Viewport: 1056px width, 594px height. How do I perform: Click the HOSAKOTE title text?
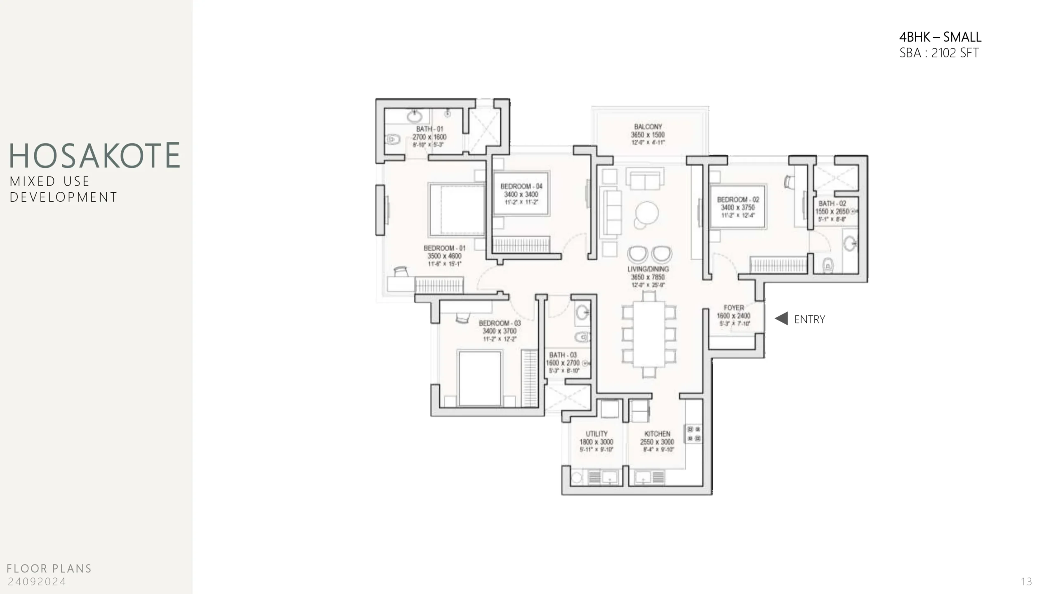pos(94,156)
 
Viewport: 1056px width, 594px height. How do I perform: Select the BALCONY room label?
pos(648,127)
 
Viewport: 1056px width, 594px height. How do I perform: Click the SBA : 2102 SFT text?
pos(939,53)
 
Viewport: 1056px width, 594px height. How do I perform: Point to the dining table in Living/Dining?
pos(649,334)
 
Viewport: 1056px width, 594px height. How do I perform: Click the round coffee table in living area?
pos(646,213)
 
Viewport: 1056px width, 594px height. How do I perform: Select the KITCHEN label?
pos(657,434)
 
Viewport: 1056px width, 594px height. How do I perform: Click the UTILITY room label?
pos(596,434)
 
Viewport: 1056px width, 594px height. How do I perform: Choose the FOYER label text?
pos(733,308)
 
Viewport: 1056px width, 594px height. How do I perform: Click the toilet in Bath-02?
pos(828,265)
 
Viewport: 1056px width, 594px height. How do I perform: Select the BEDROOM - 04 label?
pos(521,186)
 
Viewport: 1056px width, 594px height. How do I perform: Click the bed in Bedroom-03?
pos(480,378)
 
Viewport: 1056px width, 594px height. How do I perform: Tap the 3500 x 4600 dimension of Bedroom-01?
pos(444,256)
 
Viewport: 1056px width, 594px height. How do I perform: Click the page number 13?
pos(1026,582)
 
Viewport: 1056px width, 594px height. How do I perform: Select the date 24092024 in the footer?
pos(37,582)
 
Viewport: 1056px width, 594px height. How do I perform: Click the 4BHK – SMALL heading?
pos(940,37)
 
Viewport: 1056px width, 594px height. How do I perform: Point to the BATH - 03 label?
pos(563,355)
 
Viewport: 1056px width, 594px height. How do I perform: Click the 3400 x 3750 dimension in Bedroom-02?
pos(738,207)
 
